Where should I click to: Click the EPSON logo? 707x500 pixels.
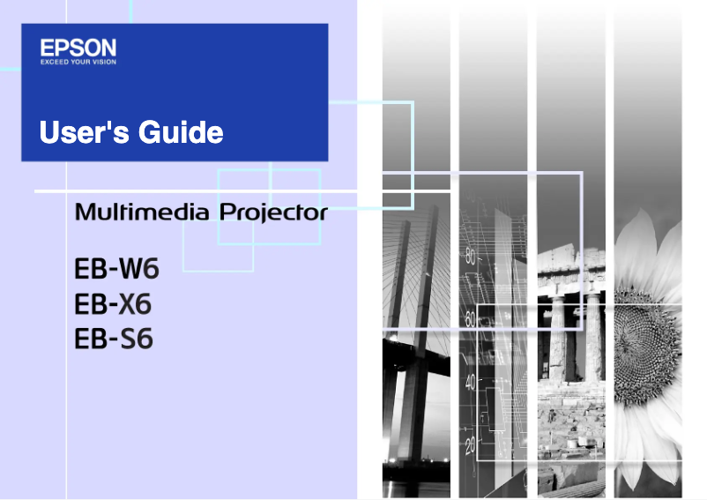(x=78, y=48)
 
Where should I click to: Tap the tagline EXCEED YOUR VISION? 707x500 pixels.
(x=78, y=62)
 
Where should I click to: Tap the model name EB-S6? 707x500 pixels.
(x=114, y=339)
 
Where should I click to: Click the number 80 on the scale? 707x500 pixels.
(x=470, y=258)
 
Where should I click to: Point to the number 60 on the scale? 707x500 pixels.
(x=470, y=321)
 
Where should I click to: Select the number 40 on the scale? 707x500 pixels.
(x=470, y=383)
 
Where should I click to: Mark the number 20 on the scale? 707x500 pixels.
(x=470, y=444)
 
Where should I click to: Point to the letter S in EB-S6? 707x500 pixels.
(x=128, y=339)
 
